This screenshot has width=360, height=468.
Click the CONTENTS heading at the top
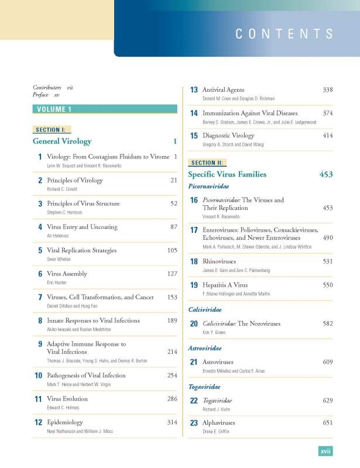click(x=284, y=33)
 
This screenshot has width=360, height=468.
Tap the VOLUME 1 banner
click(x=54, y=109)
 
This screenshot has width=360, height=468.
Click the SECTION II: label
click(x=207, y=163)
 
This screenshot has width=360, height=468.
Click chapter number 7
click(x=39, y=298)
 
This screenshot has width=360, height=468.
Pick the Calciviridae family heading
click(x=204, y=309)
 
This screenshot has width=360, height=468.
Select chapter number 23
click(x=194, y=423)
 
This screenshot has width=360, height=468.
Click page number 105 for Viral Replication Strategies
click(x=172, y=250)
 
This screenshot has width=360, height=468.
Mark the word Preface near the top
click(x=40, y=94)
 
